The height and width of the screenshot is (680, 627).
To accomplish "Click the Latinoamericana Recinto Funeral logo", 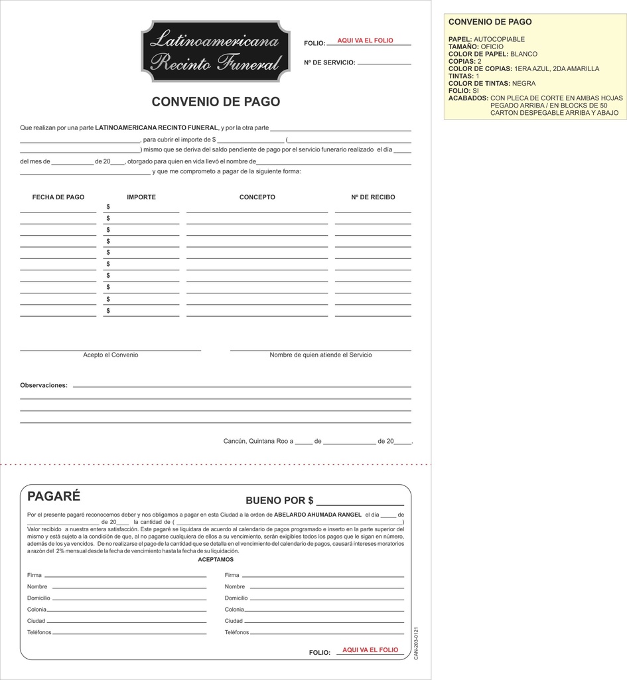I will pos(216,51).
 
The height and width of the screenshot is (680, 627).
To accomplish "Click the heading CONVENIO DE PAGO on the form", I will pos(216,102).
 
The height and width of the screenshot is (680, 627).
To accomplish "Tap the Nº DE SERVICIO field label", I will pos(330,63).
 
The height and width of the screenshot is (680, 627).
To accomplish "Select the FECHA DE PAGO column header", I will pos(58,197).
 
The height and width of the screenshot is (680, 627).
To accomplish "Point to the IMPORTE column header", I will pos(141,197).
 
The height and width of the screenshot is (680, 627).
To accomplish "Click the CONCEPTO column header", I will pos(257,197).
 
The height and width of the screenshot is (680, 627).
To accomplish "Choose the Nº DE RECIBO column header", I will pos(373,197).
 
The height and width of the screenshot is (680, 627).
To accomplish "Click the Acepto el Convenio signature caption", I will pos(111,355).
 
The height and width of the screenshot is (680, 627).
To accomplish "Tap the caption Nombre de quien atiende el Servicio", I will pos(320,355).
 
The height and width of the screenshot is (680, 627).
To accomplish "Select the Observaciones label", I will pos(44,385).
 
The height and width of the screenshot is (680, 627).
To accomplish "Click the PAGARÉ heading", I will pos(54,496).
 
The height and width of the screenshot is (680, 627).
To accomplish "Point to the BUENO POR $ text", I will pos(279,501).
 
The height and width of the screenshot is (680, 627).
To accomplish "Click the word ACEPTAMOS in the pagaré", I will pos(216,560).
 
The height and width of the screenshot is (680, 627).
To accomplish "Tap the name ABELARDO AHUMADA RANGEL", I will pos(318,515).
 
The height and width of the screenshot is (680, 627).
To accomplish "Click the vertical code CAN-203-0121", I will pos(416,643).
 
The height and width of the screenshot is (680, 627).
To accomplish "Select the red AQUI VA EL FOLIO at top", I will pos(365,41).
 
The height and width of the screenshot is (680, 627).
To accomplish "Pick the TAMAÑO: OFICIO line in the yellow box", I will pos(476,47).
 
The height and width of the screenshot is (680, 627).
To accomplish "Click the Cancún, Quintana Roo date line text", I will pos(258,441).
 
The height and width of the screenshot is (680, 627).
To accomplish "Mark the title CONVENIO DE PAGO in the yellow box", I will pos(490,22).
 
